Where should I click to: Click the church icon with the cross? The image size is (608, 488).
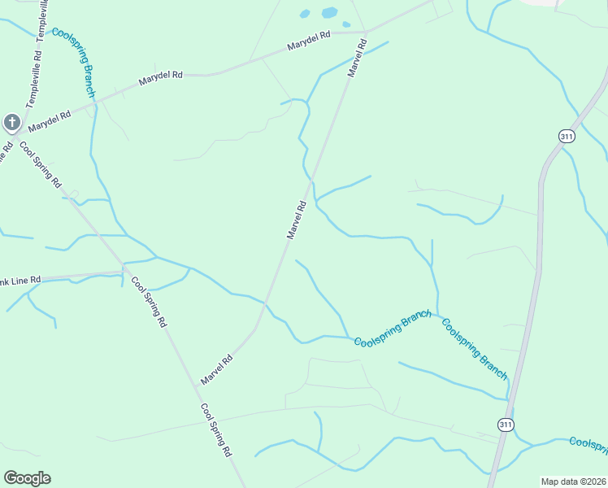pos(11,123)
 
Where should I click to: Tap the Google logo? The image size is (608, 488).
pos(27,478)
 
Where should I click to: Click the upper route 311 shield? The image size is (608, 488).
pos(567,137)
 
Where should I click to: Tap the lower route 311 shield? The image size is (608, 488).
pos(506,425)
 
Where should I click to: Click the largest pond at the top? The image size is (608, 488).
pos(329,13)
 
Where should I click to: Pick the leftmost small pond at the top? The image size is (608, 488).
pos(305,14)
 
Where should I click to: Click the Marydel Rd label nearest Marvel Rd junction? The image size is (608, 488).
pos(309,41)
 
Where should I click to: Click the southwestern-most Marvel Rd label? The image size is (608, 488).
pos(217,369)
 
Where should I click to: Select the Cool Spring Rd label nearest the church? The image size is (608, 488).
pos(40,164)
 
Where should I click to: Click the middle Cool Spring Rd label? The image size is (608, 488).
pos(149,301)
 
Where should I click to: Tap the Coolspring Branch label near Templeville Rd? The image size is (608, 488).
pos(74,62)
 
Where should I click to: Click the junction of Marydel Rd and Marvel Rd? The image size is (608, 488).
pos(366,33)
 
